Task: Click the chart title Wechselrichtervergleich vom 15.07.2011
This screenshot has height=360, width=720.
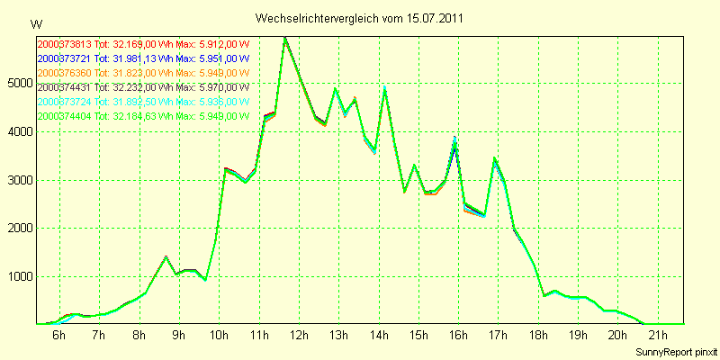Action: pyautogui.click(x=360, y=18)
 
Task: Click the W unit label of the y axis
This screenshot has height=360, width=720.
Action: pyautogui.click(x=35, y=23)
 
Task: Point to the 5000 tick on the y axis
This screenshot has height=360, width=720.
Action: pyautogui.click(x=20, y=84)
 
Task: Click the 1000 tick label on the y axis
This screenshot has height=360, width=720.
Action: pyautogui.click(x=20, y=276)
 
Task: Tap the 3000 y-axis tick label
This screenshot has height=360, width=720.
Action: pyautogui.click(x=20, y=180)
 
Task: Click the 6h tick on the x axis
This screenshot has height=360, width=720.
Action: pyautogui.click(x=59, y=336)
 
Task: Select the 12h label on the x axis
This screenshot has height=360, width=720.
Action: pyautogui.click(x=299, y=336)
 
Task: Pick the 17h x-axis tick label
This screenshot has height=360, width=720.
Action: pyautogui.click(x=498, y=336)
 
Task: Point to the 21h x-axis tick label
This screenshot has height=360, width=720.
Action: pyautogui.click(x=657, y=336)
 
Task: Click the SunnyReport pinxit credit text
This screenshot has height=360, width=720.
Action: pyautogui.click(x=675, y=351)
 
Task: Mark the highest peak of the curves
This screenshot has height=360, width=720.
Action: pyautogui.click(x=284, y=38)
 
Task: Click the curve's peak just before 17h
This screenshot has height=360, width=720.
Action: pyautogui.click(x=494, y=158)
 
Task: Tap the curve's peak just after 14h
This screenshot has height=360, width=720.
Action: pyautogui.click(x=384, y=88)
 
